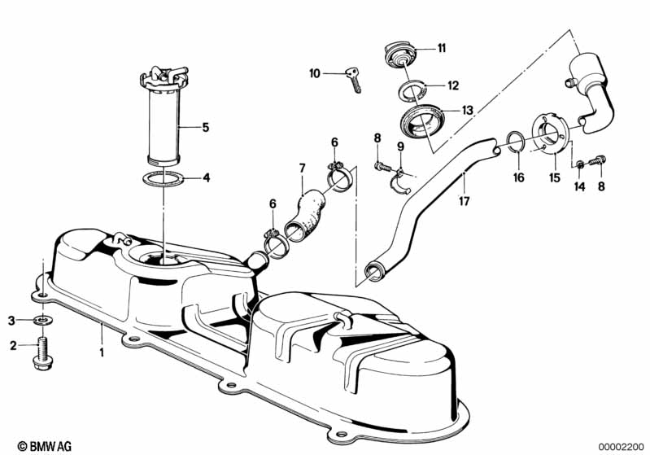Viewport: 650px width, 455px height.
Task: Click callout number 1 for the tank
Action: (103, 353)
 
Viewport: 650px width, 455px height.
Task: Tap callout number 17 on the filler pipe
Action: (465, 199)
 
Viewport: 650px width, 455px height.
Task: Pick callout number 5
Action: (206, 127)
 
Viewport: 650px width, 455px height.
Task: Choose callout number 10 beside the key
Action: (315, 74)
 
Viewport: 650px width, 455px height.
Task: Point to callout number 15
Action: (555, 177)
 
